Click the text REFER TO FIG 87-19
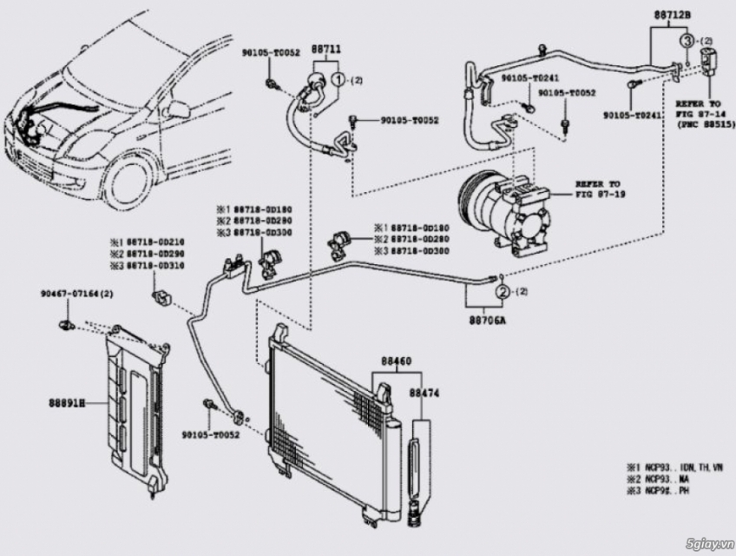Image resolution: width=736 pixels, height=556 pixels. tap(598, 189)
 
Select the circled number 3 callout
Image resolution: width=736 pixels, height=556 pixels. tap(687, 41)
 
